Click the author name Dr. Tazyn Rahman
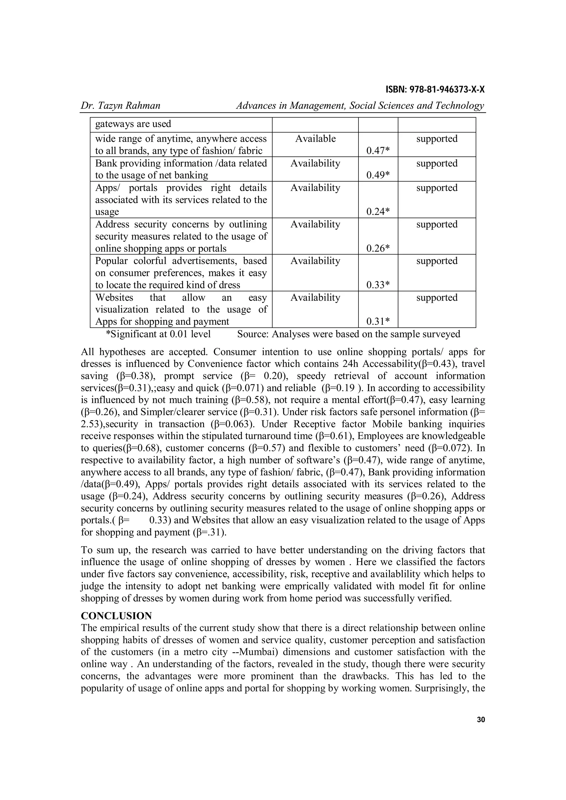click(120, 106)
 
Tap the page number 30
click(481, 720)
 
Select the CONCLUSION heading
click(116, 616)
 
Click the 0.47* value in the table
click(378, 151)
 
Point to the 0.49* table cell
click(378, 175)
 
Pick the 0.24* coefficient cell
click(378, 211)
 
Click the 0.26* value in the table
click(378, 248)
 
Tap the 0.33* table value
click(378, 285)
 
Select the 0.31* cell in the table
click(378, 321)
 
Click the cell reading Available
click(315, 139)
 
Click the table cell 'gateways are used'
click(133, 124)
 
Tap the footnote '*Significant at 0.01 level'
click(158, 334)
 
